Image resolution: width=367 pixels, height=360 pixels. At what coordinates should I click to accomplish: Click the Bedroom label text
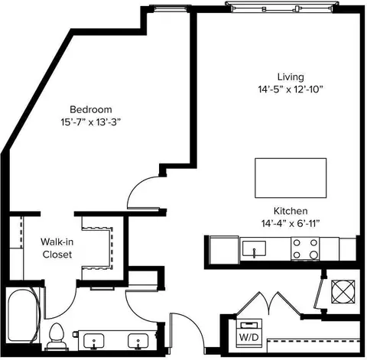[91, 109]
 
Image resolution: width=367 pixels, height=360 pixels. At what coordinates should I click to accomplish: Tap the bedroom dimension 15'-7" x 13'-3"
[90, 122]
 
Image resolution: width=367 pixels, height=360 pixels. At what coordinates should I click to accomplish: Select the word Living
[291, 77]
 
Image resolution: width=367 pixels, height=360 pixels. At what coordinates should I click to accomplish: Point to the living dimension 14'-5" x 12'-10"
[291, 89]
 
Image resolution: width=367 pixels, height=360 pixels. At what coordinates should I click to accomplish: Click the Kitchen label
[291, 211]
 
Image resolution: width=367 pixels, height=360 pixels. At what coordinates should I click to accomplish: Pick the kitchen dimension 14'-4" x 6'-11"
[291, 224]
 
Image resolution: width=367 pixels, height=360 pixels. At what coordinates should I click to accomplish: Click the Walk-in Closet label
[57, 248]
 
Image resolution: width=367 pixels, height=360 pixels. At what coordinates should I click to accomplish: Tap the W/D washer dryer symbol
[249, 332]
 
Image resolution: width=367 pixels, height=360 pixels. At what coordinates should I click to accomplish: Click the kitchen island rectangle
[291, 178]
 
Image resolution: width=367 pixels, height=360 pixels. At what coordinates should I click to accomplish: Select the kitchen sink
[254, 248]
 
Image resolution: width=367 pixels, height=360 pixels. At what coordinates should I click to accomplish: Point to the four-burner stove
[305, 248]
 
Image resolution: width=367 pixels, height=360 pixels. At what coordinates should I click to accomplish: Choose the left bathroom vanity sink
[94, 341]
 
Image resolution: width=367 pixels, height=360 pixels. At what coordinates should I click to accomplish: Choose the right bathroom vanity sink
[138, 341]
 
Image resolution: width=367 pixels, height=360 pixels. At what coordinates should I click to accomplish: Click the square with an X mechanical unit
[343, 291]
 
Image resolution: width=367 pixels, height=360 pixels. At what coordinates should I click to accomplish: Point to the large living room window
[282, 8]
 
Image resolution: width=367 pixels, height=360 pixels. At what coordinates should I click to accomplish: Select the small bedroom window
[171, 8]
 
